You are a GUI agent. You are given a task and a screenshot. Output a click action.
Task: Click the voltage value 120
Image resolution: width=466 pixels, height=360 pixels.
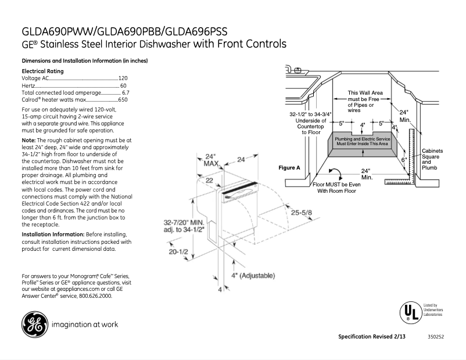(x=123, y=77)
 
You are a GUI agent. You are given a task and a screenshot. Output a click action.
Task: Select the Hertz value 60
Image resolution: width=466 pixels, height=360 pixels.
(x=123, y=85)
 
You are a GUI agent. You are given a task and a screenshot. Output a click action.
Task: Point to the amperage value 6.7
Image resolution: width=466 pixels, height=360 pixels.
(x=126, y=92)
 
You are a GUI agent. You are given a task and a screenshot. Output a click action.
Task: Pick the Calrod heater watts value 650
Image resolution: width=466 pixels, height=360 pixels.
(x=123, y=100)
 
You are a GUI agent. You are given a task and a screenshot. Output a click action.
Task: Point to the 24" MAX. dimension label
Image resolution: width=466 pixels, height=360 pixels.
(x=210, y=160)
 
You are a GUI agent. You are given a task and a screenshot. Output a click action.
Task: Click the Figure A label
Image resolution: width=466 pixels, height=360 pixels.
(x=289, y=167)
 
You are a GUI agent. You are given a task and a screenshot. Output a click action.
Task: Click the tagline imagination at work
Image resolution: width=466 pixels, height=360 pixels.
(x=85, y=325)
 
